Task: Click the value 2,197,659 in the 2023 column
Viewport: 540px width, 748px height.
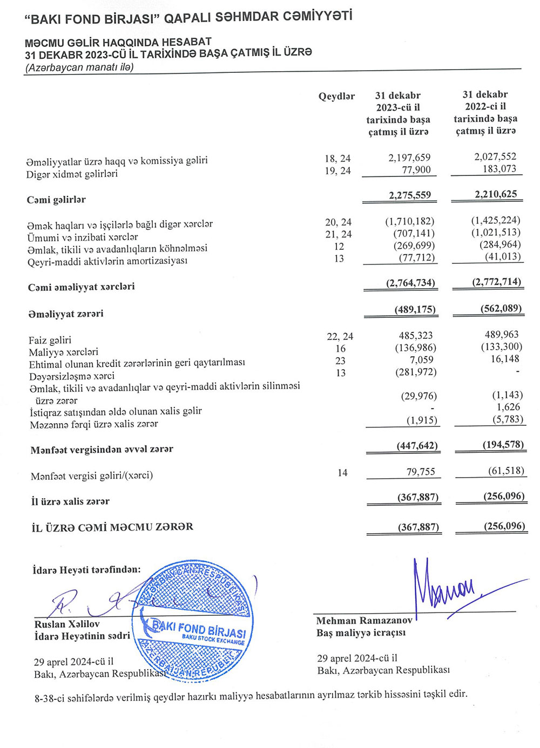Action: coord(409,158)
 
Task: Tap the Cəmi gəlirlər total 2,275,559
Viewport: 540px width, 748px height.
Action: coord(410,195)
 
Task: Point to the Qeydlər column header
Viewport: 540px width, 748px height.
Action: coord(336,97)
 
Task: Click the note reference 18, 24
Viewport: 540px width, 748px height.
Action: coord(337,159)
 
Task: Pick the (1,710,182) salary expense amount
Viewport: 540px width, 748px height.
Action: coord(409,221)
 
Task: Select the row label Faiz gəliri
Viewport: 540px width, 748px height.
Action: coord(50,340)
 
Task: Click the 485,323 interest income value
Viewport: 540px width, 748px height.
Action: coord(415,336)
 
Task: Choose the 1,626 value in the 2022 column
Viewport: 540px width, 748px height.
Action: coord(508,407)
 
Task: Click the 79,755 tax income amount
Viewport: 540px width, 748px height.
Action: coord(421,472)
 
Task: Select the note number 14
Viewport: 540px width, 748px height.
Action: coord(342,473)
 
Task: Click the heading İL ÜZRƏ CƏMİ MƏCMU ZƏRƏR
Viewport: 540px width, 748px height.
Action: coord(112,527)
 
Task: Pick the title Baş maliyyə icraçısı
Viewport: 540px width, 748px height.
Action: coord(361,633)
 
